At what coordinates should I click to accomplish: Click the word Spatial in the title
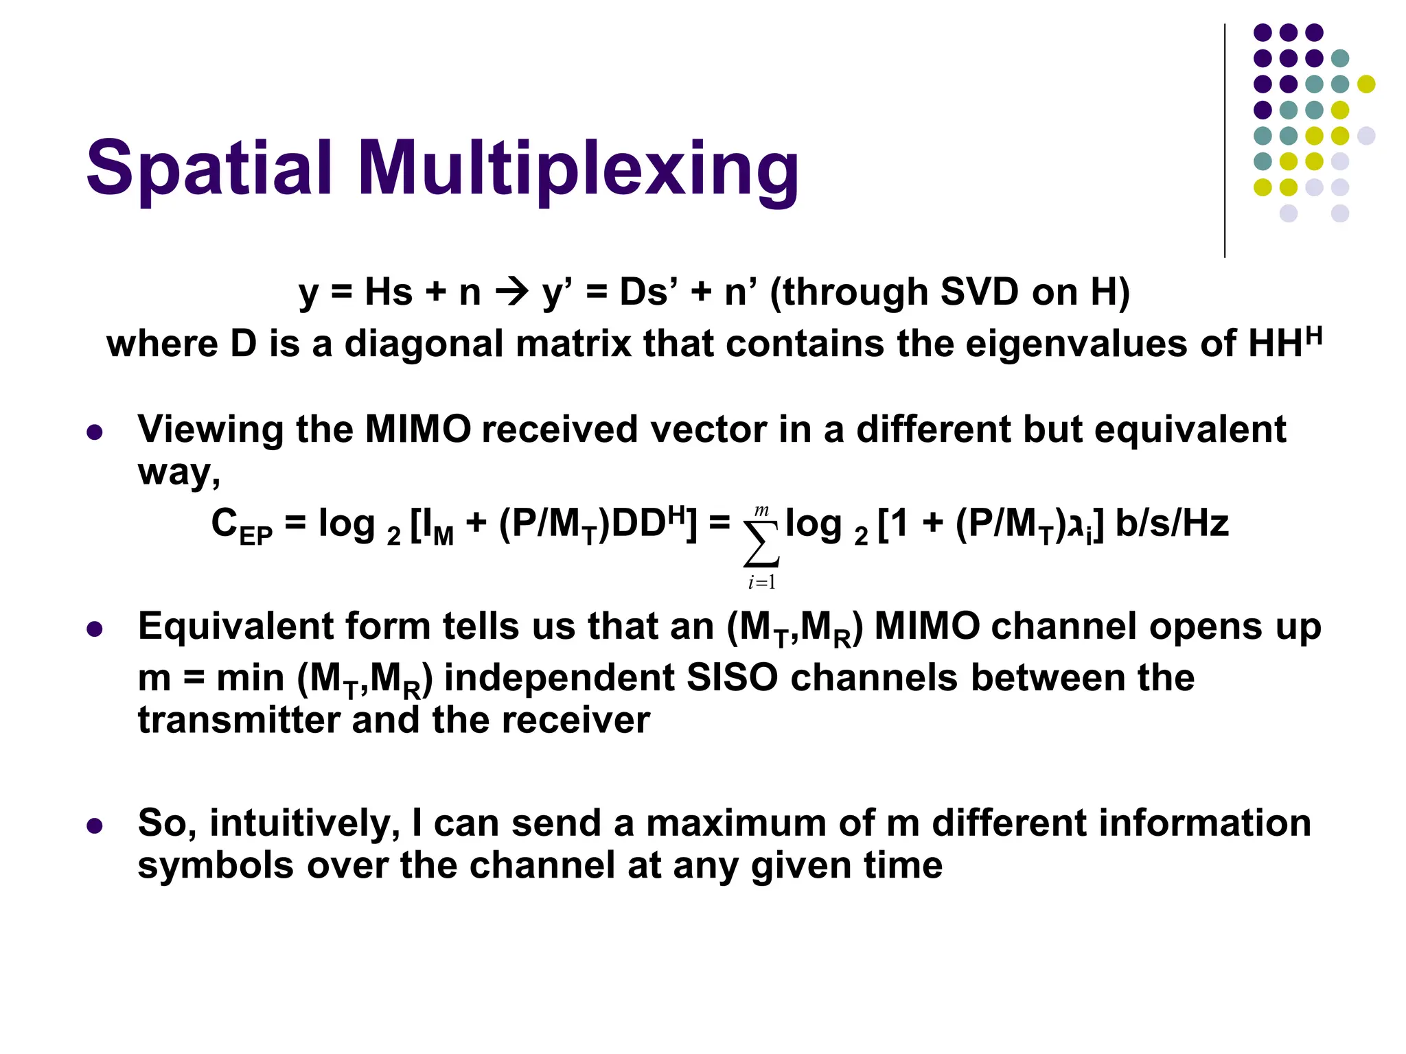coord(209,168)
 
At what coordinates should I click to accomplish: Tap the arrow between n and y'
coord(511,292)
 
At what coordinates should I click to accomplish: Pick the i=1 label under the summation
coord(762,583)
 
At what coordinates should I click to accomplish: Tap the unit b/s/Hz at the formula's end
coord(1172,524)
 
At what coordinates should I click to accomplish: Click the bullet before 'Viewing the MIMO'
coord(95,432)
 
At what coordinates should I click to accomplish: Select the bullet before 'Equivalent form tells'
coord(95,629)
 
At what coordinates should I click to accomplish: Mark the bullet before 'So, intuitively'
coord(95,825)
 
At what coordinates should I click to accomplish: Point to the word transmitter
coord(238,721)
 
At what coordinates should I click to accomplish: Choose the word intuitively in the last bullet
coord(305,823)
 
